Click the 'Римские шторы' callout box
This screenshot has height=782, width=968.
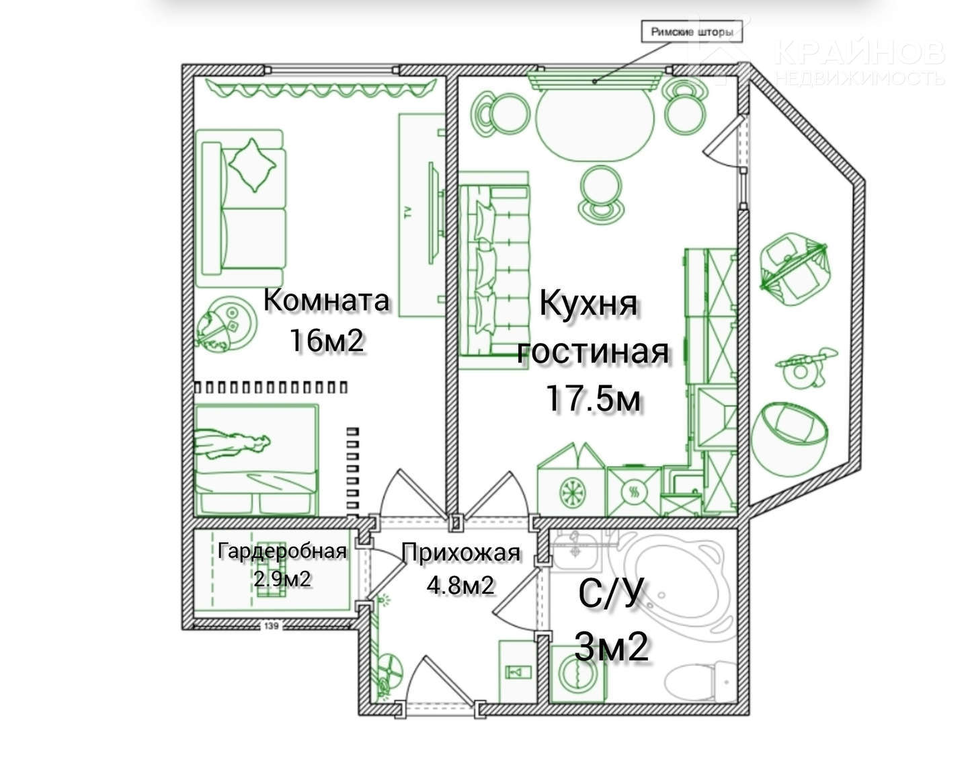(691, 32)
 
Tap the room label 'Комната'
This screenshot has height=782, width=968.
(326, 301)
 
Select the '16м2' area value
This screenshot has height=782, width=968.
(327, 340)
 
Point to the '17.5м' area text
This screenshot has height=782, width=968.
(593, 398)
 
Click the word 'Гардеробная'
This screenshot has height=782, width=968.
(282, 551)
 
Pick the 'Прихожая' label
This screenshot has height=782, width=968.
(461, 553)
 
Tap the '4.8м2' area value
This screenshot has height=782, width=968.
(460, 585)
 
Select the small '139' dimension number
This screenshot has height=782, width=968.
(271, 626)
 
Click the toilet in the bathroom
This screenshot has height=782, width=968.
(699, 682)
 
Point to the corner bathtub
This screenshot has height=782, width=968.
(673, 586)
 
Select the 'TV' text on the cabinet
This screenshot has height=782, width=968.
(407, 211)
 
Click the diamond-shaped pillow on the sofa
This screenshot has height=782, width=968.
(252, 165)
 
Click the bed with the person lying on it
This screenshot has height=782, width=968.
(256, 460)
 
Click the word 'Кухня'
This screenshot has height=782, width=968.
(588, 304)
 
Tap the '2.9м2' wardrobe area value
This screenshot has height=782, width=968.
(282, 579)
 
